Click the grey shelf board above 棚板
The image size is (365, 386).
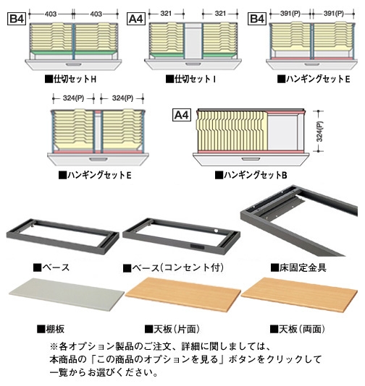(67, 295)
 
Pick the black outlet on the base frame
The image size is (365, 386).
(197, 246)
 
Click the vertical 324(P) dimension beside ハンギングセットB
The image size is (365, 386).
(319, 132)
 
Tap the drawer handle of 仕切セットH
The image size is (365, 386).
(72, 64)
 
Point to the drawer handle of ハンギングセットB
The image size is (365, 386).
(251, 159)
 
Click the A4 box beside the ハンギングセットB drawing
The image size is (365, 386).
(182, 115)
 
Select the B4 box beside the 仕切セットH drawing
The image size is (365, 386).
(17, 19)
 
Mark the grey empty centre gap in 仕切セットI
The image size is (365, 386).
(193, 41)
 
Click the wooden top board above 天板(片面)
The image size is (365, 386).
(183, 294)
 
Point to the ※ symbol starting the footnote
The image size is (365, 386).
(54, 347)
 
